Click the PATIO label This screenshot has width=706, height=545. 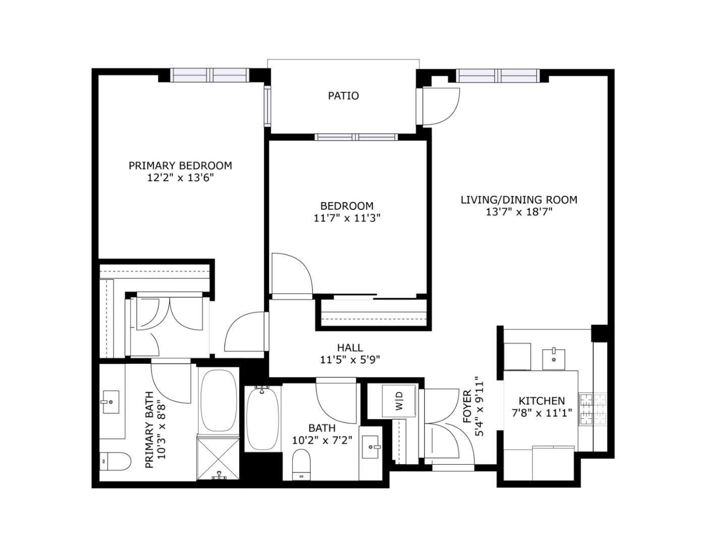pyautogui.click(x=343, y=95)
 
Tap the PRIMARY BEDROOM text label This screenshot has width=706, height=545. pyautogui.click(x=180, y=166)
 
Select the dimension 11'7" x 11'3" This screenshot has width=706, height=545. pyautogui.click(x=347, y=218)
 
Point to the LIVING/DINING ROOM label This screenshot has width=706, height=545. pyautogui.click(x=519, y=200)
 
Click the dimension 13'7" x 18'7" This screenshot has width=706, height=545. pyautogui.click(x=519, y=212)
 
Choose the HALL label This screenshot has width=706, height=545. pyautogui.click(x=350, y=348)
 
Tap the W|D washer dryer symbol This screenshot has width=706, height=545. pyautogui.click(x=399, y=401)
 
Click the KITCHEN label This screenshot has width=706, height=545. pyautogui.click(x=542, y=401)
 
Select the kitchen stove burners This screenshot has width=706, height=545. pyautogui.click(x=592, y=409)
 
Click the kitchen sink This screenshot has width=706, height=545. pyautogui.click(x=554, y=358)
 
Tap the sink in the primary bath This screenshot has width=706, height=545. pyautogui.click(x=110, y=402)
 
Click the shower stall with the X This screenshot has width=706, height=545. pyautogui.click(x=219, y=459)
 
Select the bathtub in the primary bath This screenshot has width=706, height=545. pyautogui.click(x=219, y=400)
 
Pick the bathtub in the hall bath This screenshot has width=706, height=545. pyautogui.click(x=262, y=418)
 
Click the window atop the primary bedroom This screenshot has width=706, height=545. pyautogui.click(x=209, y=75)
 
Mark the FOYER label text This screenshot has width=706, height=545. pyautogui.click(x=467, y=406)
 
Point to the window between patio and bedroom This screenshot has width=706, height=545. pyautogui.click(x=356, y=137)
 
